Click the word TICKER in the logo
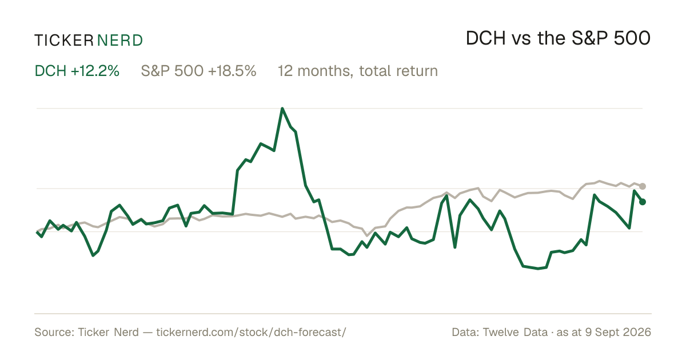coord(63,41)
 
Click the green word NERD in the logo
coord(119,41)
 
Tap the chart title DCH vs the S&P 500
coord(558,38)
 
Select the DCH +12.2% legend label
coord(77,71)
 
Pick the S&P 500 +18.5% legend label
coord(198,71)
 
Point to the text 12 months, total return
coord(358,71)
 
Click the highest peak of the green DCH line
coord(282,108)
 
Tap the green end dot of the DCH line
coord(643,202)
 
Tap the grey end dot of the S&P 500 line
coord(643,186)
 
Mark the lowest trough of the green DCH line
coord(538,269)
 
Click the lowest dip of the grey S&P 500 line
coord(367,235)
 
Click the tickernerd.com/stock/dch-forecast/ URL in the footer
coord(251,332)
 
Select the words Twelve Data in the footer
coord(515,332)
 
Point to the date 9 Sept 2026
coord(618,332)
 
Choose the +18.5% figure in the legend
coord(232,71)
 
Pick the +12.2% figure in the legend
coord(95,71)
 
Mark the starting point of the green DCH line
coord(37,233)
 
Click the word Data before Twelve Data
coord(465,332)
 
